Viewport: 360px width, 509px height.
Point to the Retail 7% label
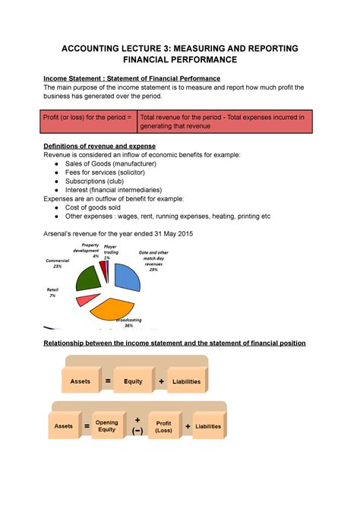click(52, 292)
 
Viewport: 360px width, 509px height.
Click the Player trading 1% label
click(110, 251)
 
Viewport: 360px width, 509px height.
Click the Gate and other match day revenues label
click(153, 260)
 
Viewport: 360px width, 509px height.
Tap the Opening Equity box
click(107, 425)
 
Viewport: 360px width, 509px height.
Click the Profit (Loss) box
click(164, 426)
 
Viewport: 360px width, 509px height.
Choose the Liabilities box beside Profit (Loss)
click(208, 426)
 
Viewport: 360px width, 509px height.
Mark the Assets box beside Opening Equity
click(64, 426)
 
